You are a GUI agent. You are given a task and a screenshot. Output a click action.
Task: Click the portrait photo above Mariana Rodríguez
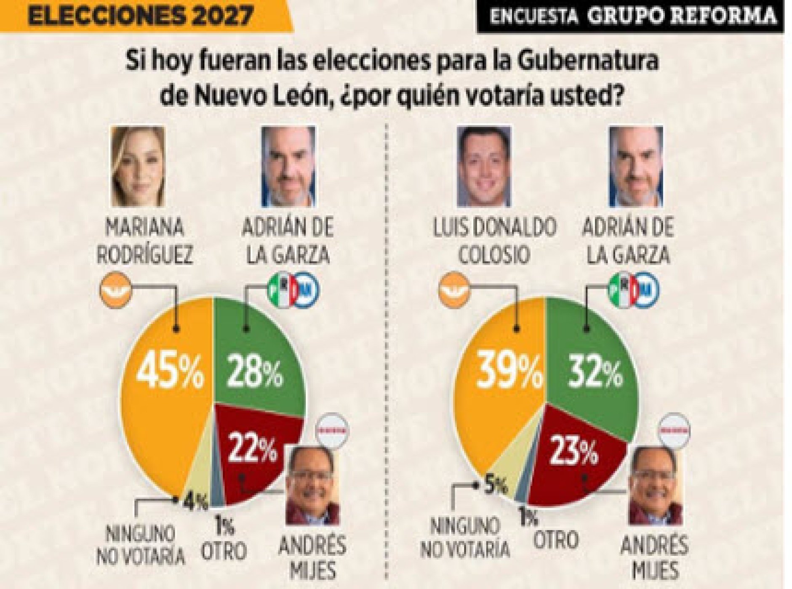(138, 167)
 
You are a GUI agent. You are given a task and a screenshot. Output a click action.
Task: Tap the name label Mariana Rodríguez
(144, 241)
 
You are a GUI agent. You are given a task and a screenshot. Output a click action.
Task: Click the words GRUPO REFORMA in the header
(681, 16)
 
